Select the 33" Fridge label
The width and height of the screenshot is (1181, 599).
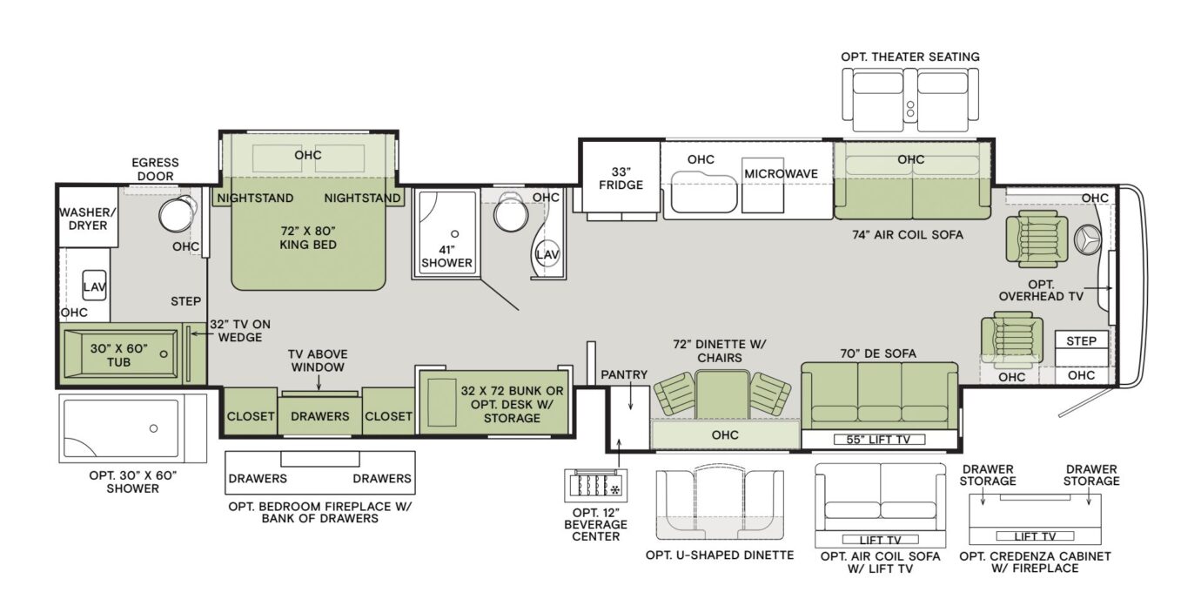[x=621, y=177]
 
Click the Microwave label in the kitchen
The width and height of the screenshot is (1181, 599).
[x=781, y=174]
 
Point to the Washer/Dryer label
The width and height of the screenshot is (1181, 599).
[x=84, y=219]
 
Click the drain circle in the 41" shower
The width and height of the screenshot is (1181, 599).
[x=454, y=234]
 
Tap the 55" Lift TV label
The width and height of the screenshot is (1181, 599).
[x=879, y=440]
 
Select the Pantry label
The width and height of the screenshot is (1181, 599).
[x=624, y=375]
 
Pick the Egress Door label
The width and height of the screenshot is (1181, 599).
[x=155, y=169]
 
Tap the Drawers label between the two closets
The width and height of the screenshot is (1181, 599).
[x=319, y=416]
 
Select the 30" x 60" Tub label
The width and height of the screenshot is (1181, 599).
[x=118, y=355]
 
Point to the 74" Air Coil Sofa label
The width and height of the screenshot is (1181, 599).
[x=909, y=234]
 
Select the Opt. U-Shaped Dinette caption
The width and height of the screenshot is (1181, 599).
[x=719, y=555]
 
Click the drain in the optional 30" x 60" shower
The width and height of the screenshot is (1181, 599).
[x=152, y=428]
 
